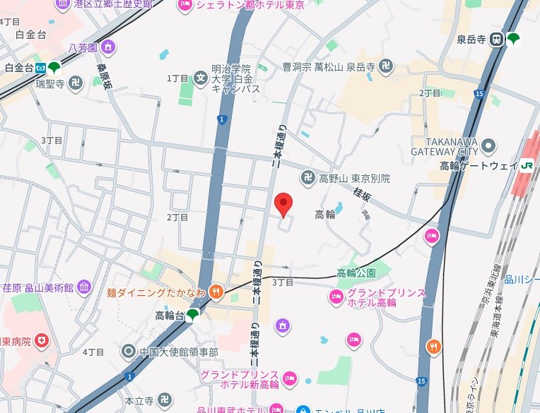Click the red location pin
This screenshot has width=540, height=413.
point(283,205)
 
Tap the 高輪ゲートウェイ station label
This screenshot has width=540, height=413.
point(479,167)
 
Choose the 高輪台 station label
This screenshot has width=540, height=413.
point(170,316)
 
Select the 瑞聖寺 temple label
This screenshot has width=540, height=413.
point(50,83)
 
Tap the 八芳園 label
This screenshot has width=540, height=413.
point(82,48)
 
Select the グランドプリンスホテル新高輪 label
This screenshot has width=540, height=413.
point(238,378)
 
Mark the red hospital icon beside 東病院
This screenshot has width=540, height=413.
point(45,341)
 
